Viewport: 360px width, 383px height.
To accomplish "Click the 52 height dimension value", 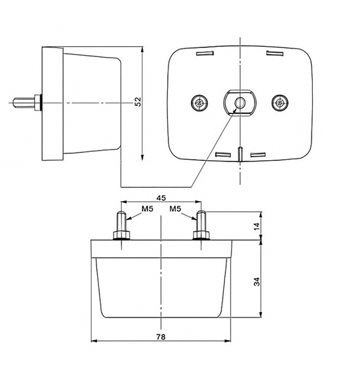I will pos(137,102).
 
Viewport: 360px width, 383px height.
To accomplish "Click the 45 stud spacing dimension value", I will pos(161,198).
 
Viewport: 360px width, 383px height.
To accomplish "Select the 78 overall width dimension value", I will pos(161,337).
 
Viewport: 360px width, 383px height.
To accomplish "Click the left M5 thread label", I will pos(148,209).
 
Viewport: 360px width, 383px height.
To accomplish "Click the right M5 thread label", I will pos(175,209).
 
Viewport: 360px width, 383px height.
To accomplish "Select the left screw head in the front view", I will pos(199,103).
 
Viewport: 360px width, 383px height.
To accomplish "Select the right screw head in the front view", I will pos(278,103).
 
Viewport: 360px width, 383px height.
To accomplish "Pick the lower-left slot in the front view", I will pos(222,154).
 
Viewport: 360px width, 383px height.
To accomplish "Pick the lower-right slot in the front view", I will pos(259,154).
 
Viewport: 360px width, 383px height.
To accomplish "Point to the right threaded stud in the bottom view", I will pos(201,217).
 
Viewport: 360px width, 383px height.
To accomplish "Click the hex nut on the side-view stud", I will pos(38,102).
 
